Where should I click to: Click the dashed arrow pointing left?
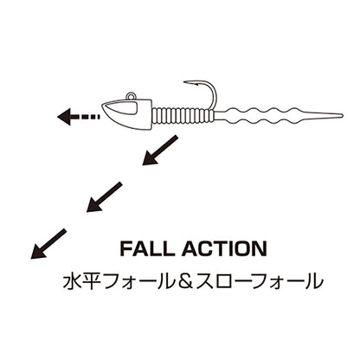tap(79, 117)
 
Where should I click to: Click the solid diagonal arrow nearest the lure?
tap(160, 150)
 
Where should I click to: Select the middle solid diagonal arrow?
tap(105, 197)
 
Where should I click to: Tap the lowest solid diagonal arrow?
tap(48, 243)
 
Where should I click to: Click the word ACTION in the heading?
tap(224, 249)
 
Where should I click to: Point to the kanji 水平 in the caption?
tap(82, 281)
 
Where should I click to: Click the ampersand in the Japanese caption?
tap(185, 281)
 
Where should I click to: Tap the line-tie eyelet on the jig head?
tap(131, 96)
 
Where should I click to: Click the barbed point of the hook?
tap(188, 82)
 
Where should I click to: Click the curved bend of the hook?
tap(214, 93)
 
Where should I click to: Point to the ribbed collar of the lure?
tap(183, 115)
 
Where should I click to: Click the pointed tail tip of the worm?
tap(342, 116)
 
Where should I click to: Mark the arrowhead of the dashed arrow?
tap(63, 117)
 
